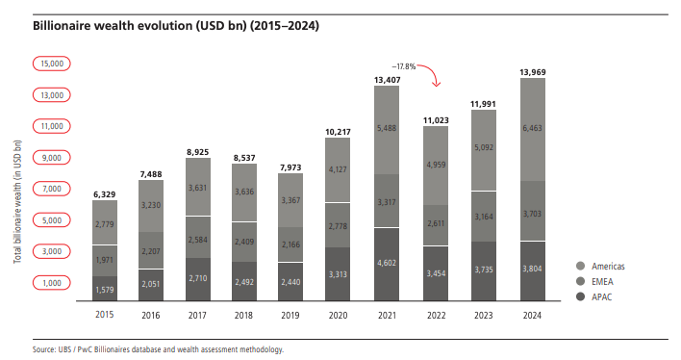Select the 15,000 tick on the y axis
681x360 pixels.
coord(51,63)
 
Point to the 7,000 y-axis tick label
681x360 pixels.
coord(51,189)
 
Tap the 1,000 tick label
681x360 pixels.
coord(51,282)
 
